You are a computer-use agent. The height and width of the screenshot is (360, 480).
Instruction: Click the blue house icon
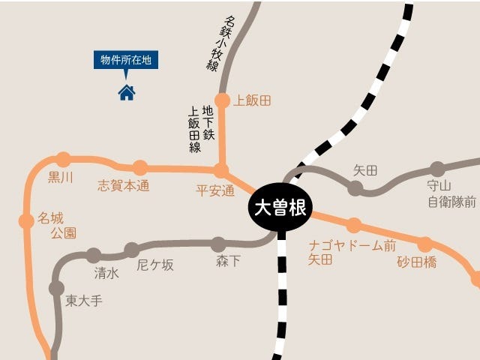point(127,92)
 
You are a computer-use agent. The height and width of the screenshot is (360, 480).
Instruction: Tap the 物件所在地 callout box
point(126,60)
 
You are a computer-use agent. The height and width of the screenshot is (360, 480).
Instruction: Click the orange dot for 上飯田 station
point(222,100)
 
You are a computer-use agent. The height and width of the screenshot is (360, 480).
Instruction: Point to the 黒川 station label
point(61,178)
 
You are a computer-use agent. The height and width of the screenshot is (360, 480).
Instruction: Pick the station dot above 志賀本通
point(139,167)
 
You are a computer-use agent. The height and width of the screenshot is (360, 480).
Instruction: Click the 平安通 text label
point(215,190)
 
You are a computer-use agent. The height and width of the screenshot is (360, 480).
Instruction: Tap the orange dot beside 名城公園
point(26,220)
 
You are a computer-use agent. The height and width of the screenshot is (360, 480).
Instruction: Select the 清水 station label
point(106,273)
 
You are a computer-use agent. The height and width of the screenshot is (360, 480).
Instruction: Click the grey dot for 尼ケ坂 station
point(132,250)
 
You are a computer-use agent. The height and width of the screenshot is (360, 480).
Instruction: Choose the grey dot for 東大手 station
point(56,287)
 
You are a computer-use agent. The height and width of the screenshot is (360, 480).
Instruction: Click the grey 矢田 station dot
point(355,188)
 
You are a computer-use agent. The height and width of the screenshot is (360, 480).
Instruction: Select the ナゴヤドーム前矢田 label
point(352,252)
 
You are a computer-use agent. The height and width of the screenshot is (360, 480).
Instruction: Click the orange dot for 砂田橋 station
point(425,244)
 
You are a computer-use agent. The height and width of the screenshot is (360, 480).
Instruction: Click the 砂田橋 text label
point(417,262)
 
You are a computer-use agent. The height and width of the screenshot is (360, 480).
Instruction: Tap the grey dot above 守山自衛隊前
point(437,169)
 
